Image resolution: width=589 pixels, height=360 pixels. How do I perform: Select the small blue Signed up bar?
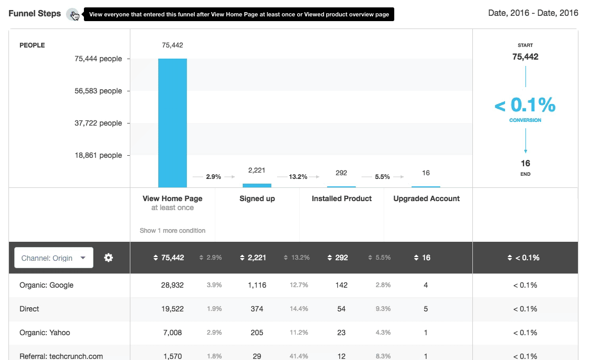pyautogui.click(x=257, y=185)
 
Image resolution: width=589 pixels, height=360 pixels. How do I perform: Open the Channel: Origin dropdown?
pyautogui.click(x=54, y=258)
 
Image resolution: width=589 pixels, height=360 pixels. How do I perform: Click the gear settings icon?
pyautogui.click(x=109, y=258)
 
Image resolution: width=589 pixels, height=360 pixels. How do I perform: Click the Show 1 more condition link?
pyautogui.click(x=173, y=231)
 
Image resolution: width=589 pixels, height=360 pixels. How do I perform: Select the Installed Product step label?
pyautogui.click(x=341, y=198)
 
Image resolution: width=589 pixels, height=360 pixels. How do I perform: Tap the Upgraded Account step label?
pyautogui.click(x=426, y=198)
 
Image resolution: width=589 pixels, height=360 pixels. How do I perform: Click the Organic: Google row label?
pyautogui.click(x=46, y=285)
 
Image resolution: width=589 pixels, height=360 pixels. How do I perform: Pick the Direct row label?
pyautogui.click(x=30, y=309)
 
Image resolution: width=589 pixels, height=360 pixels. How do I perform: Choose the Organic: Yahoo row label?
pyautogui.click(x=45, y=333)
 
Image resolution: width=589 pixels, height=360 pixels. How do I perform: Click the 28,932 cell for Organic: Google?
pyautogui.click(x=173, y=285)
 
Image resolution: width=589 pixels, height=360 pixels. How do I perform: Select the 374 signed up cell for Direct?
pyautogui.click(x=257, y=309)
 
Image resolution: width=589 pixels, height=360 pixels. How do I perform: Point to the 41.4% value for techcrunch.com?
pyautogui.click(x=299, y=356)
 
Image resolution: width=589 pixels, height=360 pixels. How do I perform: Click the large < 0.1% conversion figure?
pyautogui.click(x=525, y=106)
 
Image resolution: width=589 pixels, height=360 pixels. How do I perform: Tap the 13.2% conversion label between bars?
pyautogui.click(x=298, y=177)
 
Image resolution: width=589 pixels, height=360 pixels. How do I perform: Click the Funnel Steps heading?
pyautogui.click(x=35, y=13)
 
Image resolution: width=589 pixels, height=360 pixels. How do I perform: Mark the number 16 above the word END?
pyautogui.click(x=525, y=163)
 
